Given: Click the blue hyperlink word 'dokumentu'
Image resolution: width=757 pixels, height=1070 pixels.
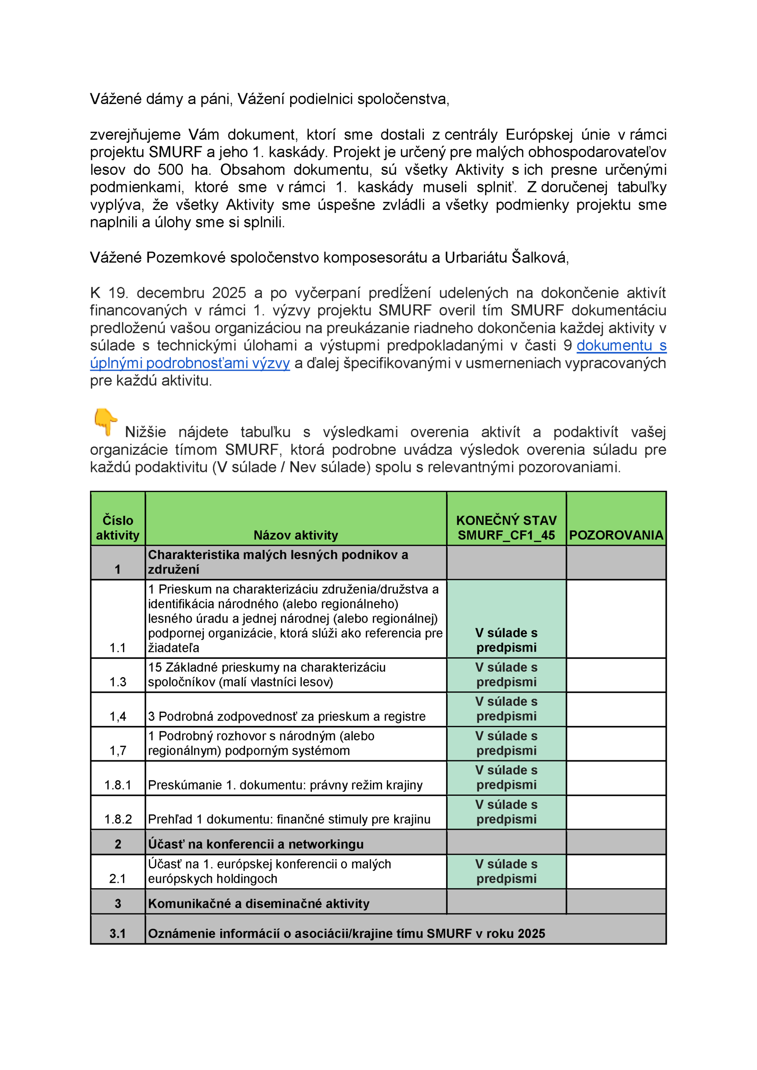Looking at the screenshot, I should [x=614, y=345].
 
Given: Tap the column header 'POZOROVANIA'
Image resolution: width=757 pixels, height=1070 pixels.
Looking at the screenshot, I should [x=616, y=535].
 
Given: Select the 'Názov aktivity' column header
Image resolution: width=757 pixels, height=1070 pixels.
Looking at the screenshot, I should [x=296, y=535].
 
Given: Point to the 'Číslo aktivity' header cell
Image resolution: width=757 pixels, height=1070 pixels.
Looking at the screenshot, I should [x=117, y=527].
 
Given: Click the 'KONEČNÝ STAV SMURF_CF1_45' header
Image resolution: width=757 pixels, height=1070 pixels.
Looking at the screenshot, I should [x=506, y=527].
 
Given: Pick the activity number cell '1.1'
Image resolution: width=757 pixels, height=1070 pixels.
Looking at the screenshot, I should [x=117, y=647].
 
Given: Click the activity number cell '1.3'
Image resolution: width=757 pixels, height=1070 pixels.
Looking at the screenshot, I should [x=117, y=682].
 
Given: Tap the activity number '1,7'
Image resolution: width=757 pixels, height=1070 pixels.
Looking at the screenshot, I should [x=117, y=750].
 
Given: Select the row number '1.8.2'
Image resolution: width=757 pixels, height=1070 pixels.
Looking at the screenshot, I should [x=118, y=819].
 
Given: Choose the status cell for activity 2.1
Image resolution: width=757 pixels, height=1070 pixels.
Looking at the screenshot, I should [x=506, y=871].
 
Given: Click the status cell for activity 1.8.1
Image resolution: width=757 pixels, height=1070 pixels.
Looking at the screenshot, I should [x=506, y=777].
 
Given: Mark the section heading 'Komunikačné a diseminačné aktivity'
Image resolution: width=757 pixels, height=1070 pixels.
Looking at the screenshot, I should [x=259, y=903].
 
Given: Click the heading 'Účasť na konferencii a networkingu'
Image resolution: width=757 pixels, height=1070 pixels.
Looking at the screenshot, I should [x=255, y=844].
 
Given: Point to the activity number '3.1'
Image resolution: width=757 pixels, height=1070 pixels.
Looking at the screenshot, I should [x=117, y=933].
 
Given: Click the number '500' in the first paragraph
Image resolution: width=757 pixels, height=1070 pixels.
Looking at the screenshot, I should [x=170, y=170].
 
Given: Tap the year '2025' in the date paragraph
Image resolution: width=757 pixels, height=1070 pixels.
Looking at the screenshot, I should [x=229, y=293].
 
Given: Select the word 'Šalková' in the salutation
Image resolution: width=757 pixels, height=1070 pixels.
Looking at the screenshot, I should [x=539, y=257].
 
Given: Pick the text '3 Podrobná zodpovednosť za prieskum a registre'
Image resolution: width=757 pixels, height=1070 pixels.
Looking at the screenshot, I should [x=287, y=716].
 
